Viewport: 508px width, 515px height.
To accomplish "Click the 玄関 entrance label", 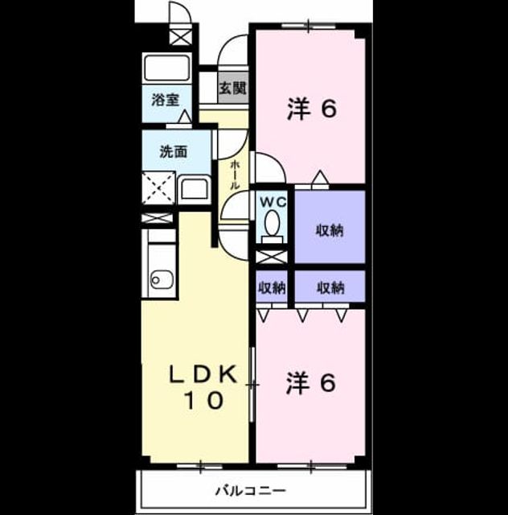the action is click(x=232, y=88).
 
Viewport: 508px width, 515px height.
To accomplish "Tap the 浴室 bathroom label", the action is click(x=166, y=100).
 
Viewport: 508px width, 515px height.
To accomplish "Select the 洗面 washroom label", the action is click(x=174, y=152).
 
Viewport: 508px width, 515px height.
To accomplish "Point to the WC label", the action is click(x=273, y=202).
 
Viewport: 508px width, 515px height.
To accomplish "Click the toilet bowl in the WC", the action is click(x=272, y=223).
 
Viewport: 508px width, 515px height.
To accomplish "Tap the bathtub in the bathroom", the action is click(x=167, y=68).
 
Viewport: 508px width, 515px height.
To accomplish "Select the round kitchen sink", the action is click(x=162, y=279).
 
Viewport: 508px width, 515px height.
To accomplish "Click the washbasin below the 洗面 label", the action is click(x=195, y=190).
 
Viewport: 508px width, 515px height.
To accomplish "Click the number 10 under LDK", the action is click(x=204, y=401).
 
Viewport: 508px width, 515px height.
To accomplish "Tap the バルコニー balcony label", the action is click(x=251, y=491).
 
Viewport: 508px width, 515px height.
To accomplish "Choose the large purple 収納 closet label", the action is click(x=330, y=230).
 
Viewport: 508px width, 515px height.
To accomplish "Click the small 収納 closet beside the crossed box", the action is click(x=272, y=288).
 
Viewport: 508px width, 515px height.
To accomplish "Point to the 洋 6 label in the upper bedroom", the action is click(x=312, y=109).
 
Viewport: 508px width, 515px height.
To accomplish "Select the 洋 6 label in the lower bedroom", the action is click(x=311, y=382).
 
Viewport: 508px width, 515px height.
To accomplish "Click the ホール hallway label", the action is click(x=234, y=175).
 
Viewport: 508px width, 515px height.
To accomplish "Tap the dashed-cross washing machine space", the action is click(x=158, y=187).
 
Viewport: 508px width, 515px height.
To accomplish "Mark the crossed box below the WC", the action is click(x=272, y=257).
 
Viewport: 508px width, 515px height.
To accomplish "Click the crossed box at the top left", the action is click(x=180, y=36).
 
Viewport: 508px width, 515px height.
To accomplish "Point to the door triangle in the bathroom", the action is click(x=185, y=117).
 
